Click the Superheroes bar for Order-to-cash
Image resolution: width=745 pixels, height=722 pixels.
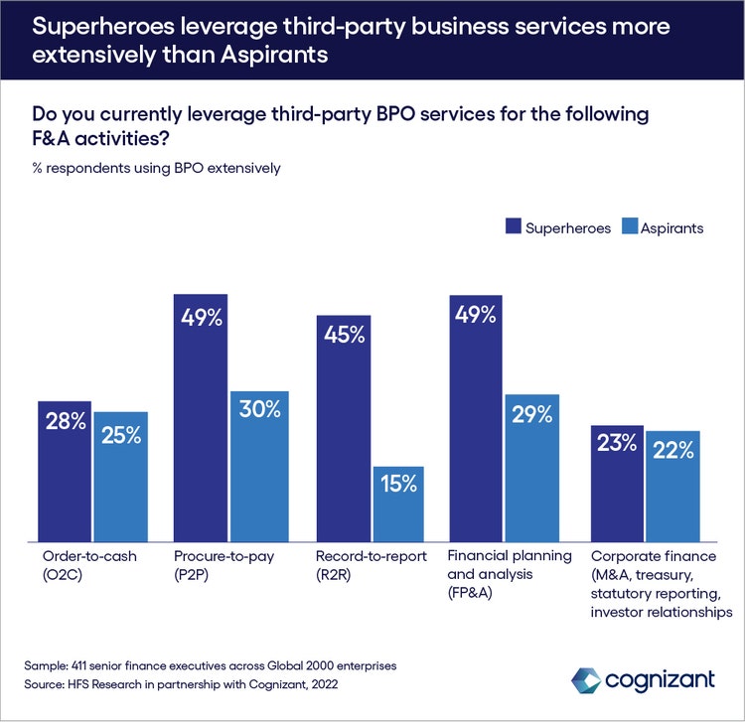[x=65, y=472]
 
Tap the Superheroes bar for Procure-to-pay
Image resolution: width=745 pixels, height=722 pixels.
[x=201, y=417]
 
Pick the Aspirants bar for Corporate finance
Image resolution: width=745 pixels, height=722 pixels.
[x=672, y=487]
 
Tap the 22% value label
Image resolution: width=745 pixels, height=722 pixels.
[x=672, y=450]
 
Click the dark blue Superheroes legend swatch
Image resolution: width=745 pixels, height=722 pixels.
[x=514, y=227]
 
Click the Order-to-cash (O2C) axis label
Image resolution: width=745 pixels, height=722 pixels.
[x=75, y=565]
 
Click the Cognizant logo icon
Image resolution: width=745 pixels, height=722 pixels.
[x=586, y=680]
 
